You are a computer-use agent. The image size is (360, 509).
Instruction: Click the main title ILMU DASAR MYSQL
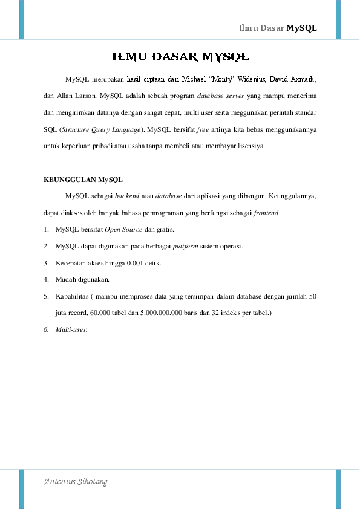(x=180, y=57)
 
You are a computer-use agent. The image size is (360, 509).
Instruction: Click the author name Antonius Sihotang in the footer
(x=76, y=482)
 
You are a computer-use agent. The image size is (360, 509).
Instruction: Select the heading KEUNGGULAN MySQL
(x=83, y=180)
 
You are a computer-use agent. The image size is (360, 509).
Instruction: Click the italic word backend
(x=127, y=196)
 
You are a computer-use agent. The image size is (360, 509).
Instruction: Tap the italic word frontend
(x=266, y=213)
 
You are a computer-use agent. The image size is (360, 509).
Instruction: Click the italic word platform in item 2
(x=185, y=247)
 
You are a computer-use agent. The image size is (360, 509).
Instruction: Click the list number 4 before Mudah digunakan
(x=47, y=280)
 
